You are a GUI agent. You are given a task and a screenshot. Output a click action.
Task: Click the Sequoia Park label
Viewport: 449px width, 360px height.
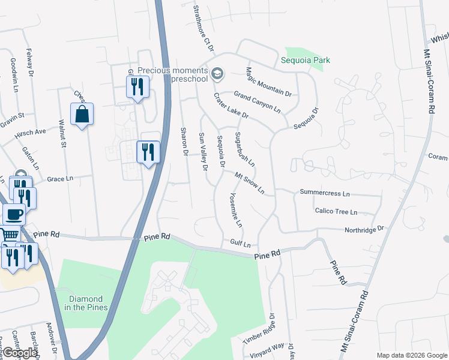click(306, 61)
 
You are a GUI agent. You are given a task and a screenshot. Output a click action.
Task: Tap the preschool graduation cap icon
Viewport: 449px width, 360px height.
click(217, 74)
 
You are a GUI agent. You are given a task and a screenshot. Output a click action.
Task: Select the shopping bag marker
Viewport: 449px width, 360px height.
click(82, 114)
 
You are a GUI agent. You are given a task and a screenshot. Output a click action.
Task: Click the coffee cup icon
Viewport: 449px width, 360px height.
click(14, 214)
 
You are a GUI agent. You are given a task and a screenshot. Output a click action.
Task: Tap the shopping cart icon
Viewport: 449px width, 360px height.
click(8, 236)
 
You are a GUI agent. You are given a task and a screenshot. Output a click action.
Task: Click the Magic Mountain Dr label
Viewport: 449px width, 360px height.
click(268, 82)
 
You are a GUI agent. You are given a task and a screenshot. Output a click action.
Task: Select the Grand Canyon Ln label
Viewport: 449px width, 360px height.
click(257, 102)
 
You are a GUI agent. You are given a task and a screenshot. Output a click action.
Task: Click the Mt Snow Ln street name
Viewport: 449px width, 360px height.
click(250, 184)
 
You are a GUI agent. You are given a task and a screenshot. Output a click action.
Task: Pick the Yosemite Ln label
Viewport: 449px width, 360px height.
click(236, 210)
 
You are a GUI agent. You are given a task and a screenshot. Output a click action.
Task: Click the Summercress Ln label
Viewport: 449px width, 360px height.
click(324, 194)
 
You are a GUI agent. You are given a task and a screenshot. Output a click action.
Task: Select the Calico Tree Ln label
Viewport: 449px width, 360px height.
click(336, 212)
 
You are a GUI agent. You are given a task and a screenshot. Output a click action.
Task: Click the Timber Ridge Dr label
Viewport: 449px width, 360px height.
click(259, 329)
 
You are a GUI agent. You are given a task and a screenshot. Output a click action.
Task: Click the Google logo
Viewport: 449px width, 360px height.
click(20, 353)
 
